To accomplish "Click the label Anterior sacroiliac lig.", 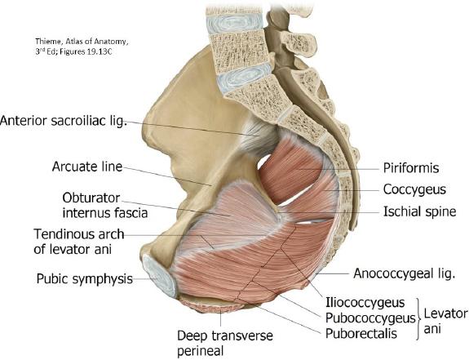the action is (64, 121).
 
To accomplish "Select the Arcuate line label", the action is (87, 167).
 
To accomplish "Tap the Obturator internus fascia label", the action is (104, 205).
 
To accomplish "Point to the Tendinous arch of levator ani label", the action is (78, 242).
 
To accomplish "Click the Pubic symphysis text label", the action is (85, 278).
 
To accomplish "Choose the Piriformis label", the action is (411, 168).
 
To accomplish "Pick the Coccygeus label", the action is (414, 189).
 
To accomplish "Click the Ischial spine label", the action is (419, 211).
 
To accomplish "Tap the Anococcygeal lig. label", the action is (404, 273).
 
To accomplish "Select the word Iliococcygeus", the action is (365, 303).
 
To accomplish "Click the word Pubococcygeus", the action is (370, 318).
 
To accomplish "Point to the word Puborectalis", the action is (361, 333).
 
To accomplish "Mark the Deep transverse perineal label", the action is (225, 343).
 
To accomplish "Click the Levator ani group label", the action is (445, 321).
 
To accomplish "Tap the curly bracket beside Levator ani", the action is (418, 318).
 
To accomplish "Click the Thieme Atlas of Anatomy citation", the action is (82, 47).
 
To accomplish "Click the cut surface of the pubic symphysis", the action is (160, 276).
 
